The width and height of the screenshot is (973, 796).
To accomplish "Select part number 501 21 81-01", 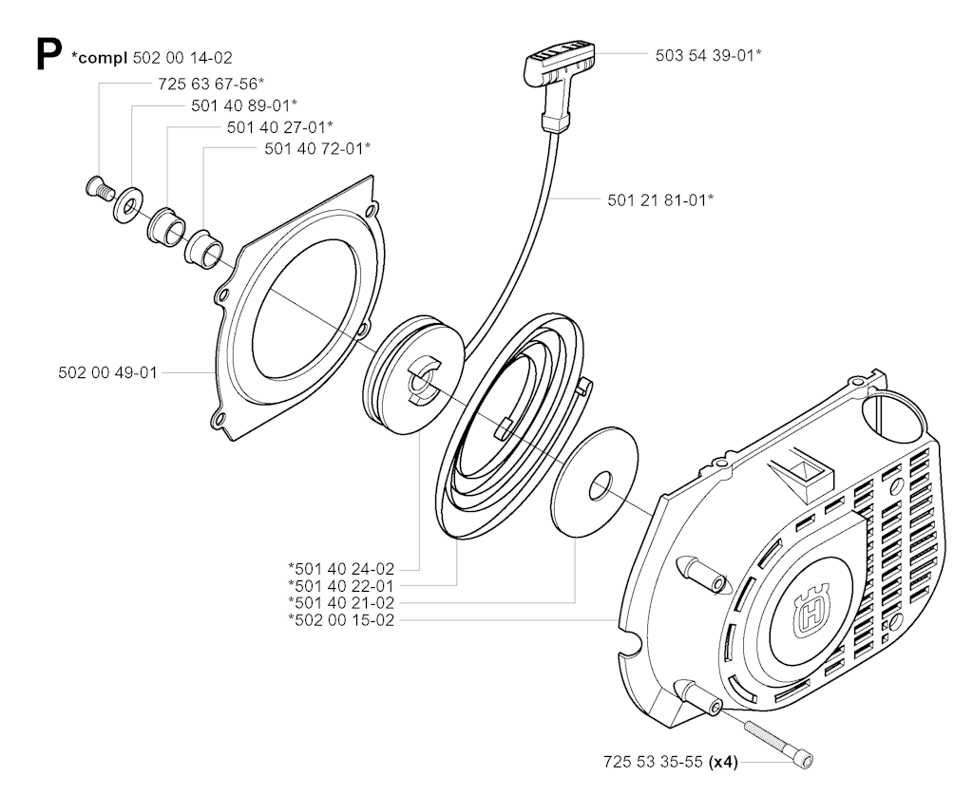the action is pos(660,199).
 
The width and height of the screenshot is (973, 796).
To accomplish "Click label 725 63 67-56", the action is pos(212,83).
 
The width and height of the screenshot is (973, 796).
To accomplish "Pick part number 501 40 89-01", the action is pos(244,104).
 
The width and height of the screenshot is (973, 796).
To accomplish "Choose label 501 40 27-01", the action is pos(280,127).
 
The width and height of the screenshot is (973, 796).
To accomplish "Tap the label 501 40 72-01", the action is pos(317,148).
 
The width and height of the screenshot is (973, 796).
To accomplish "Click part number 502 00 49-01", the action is pos(108,373).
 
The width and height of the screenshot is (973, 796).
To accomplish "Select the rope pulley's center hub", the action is pos(422,381).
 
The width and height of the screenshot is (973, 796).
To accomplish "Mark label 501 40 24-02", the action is pos(341,568).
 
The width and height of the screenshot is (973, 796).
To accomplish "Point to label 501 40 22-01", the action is pos(341,585).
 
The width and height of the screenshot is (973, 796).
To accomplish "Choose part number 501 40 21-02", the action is pos(341,602).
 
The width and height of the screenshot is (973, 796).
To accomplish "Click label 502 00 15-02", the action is pos(341,620).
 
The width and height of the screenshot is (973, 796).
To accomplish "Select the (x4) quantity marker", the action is pos(723,763).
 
